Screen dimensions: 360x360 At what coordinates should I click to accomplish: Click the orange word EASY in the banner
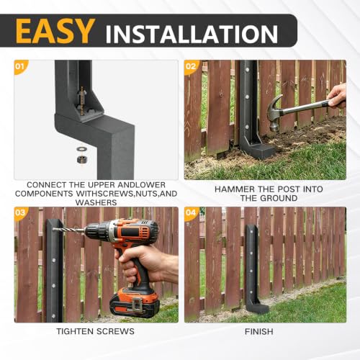pos(55,31)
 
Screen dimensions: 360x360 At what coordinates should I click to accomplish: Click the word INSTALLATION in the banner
pos(192,34)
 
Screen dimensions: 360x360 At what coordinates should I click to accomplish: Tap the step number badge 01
pos(20,66)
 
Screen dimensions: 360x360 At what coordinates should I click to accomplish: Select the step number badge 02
pos(191,66)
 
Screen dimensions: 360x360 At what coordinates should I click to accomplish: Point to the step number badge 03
pos(20,212)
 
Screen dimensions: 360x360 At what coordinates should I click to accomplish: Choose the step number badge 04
pos(191,212)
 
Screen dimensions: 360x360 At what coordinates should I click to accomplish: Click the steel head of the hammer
pos(275,113)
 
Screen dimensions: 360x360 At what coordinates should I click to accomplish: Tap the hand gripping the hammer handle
pos(337,96)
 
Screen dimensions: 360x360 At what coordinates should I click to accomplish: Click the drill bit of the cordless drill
pos(69,230)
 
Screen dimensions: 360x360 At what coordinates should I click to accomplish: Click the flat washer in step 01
pos(82,149)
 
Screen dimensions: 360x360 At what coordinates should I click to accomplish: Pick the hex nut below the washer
pos(82,159)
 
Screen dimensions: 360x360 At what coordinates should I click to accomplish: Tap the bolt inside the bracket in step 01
pos(82,101)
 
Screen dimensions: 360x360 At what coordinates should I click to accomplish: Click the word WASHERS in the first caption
pos(96,202)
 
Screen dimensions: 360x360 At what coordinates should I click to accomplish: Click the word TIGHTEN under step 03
pos(75,331)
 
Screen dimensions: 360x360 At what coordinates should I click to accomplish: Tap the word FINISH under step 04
pos(259,331)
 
